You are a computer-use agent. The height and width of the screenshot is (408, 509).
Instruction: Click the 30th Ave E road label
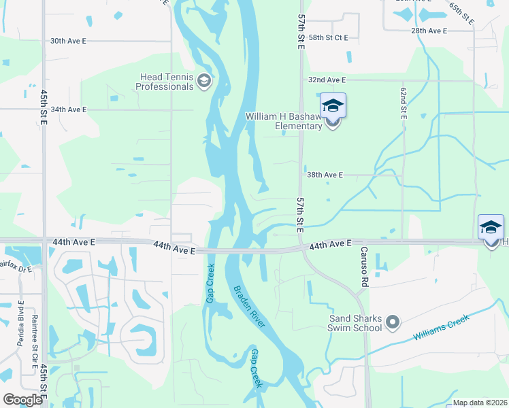tap(68, 41)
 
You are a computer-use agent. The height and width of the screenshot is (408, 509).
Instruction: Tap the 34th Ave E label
tap(68, 109)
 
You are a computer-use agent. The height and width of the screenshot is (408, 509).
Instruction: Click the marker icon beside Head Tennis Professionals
tap(203, 82)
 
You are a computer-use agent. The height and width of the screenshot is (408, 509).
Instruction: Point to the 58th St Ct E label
tap(328, 38)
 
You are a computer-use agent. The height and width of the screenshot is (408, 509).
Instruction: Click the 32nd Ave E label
tap(327, 80)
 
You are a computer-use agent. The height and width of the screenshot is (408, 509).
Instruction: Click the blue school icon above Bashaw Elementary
tap(333, 105)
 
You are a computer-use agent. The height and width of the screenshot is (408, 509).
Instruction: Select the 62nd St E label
tap(404, 103)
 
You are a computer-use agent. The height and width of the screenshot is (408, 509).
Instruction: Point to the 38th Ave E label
tap(323, 175)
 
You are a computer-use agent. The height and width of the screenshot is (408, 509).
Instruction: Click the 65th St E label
tap(461, 14)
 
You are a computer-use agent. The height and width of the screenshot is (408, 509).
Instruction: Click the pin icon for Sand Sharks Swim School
tap(392, 322)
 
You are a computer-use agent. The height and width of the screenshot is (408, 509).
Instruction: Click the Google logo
tap(23, 400)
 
